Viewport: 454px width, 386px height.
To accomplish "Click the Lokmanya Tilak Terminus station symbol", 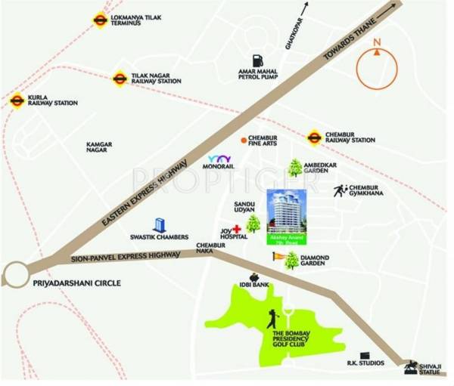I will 100,20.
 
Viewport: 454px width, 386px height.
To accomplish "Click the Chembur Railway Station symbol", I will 314,137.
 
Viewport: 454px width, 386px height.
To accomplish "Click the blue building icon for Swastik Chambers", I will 160,225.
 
